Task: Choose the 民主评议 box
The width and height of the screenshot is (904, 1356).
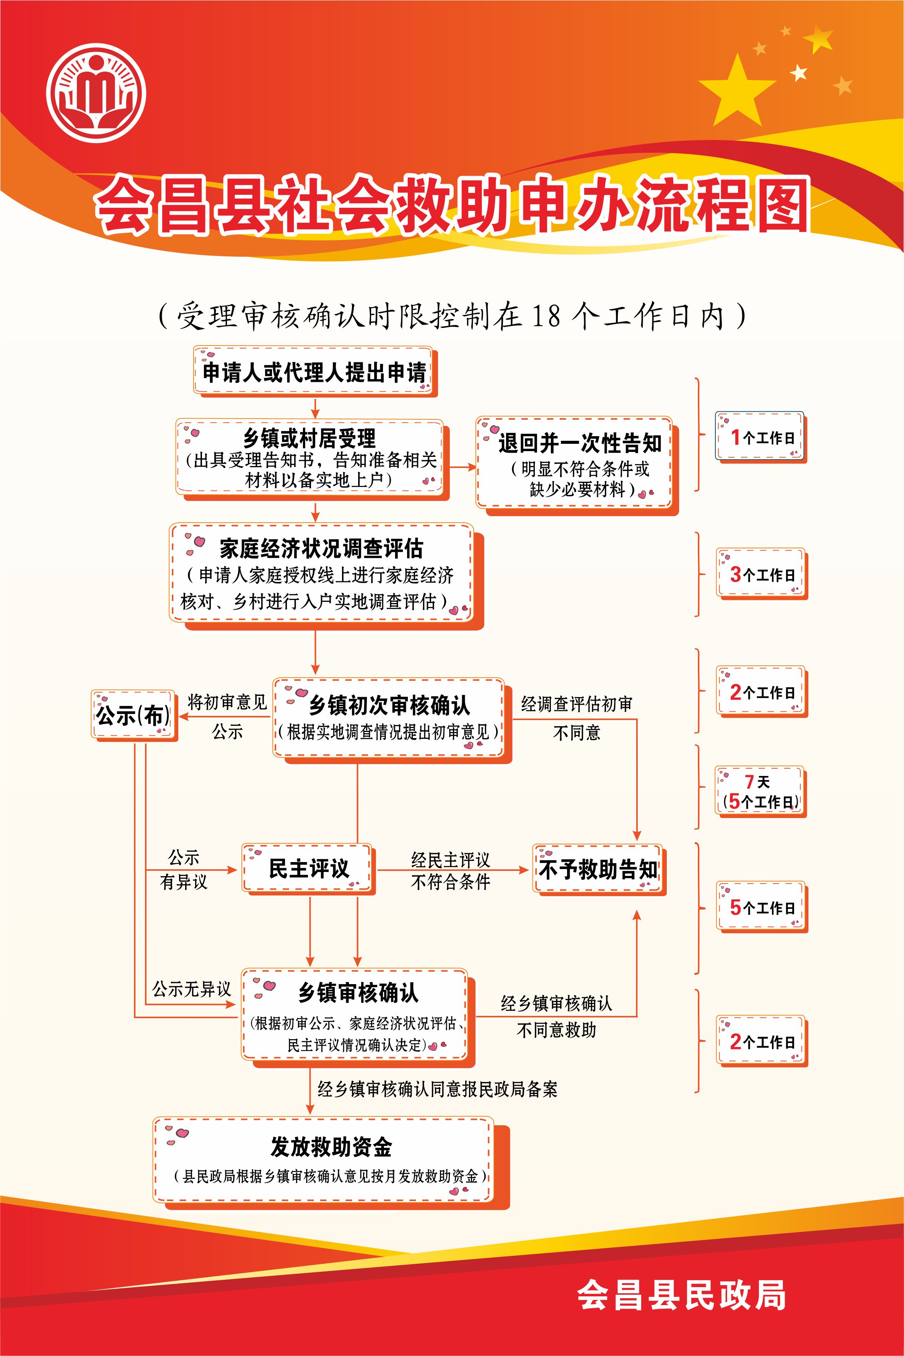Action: (x=308, y=869)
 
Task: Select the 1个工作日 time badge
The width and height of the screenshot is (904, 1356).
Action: (x=761, y=437)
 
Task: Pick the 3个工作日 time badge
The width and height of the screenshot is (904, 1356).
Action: (x=762, y=574)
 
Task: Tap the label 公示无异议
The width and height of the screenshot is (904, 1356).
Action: (x=191, y=989)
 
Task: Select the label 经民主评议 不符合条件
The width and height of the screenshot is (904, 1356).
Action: (x=450, y=870)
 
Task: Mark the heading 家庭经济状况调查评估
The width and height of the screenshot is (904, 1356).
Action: (x=321, y=548)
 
